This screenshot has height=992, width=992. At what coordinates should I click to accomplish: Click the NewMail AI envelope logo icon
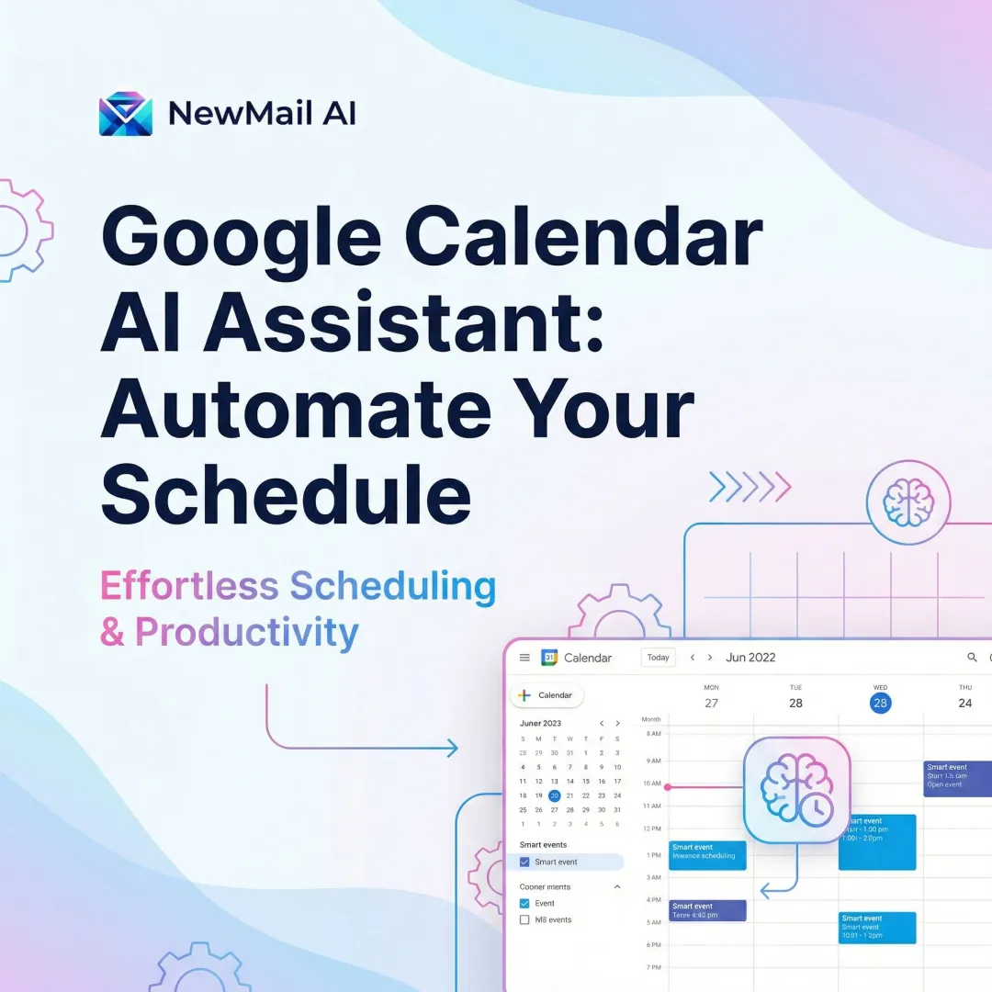(x=126, y=113)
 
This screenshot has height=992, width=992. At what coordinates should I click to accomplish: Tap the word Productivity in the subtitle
(x=246, y=633)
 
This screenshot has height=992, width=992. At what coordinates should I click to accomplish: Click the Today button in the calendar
(x=658, y=658)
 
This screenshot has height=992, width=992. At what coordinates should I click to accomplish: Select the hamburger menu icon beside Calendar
(x=524, y=658)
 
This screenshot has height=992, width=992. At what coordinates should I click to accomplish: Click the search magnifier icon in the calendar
(x=973, y=658)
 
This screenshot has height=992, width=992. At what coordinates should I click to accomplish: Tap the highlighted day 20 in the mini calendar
(x=554, y=795)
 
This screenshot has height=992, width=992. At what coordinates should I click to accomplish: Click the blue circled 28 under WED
(x=880, y=703)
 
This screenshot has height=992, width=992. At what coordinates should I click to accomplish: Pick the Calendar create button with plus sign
(x=547, y=695)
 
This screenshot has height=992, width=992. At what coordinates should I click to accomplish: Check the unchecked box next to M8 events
(x=524, y=919)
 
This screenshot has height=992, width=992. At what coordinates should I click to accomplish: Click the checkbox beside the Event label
(x=524, y=903)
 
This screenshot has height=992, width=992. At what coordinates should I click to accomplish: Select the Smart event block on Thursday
(x=957, y=778)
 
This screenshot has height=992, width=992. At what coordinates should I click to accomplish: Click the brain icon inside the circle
(x=907, y=502)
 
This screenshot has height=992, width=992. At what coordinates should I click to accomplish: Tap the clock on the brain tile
(x=816, y=809)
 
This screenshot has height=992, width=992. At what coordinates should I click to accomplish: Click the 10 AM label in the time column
(x=651, y=783)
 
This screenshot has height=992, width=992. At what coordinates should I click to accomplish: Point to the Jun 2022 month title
(x=750, y=658)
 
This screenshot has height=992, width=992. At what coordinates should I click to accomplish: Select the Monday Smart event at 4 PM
(x=707, y=910)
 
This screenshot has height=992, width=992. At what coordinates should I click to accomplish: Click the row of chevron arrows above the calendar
(x=750, y=487)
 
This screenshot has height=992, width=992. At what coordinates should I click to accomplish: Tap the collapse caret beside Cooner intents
(x=617, y=887)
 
